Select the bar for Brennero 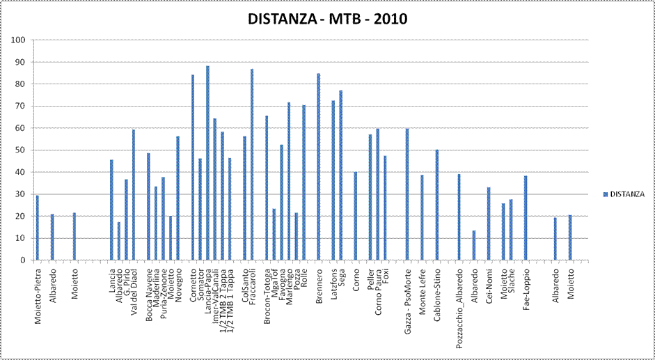pyautogui.click(x=318, y=167)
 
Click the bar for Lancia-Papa pyautogui.click(x=207, y=163)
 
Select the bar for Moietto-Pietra pyautogui.click(x=37, y=228)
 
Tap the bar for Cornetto pyautogui.click(x=192, y=167)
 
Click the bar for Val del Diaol pyautogui.click(x=133, y=195)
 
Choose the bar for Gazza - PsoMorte pyautogui.click(x=407, y=194)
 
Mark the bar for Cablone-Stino pyautogui.click(x=436, y=205)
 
